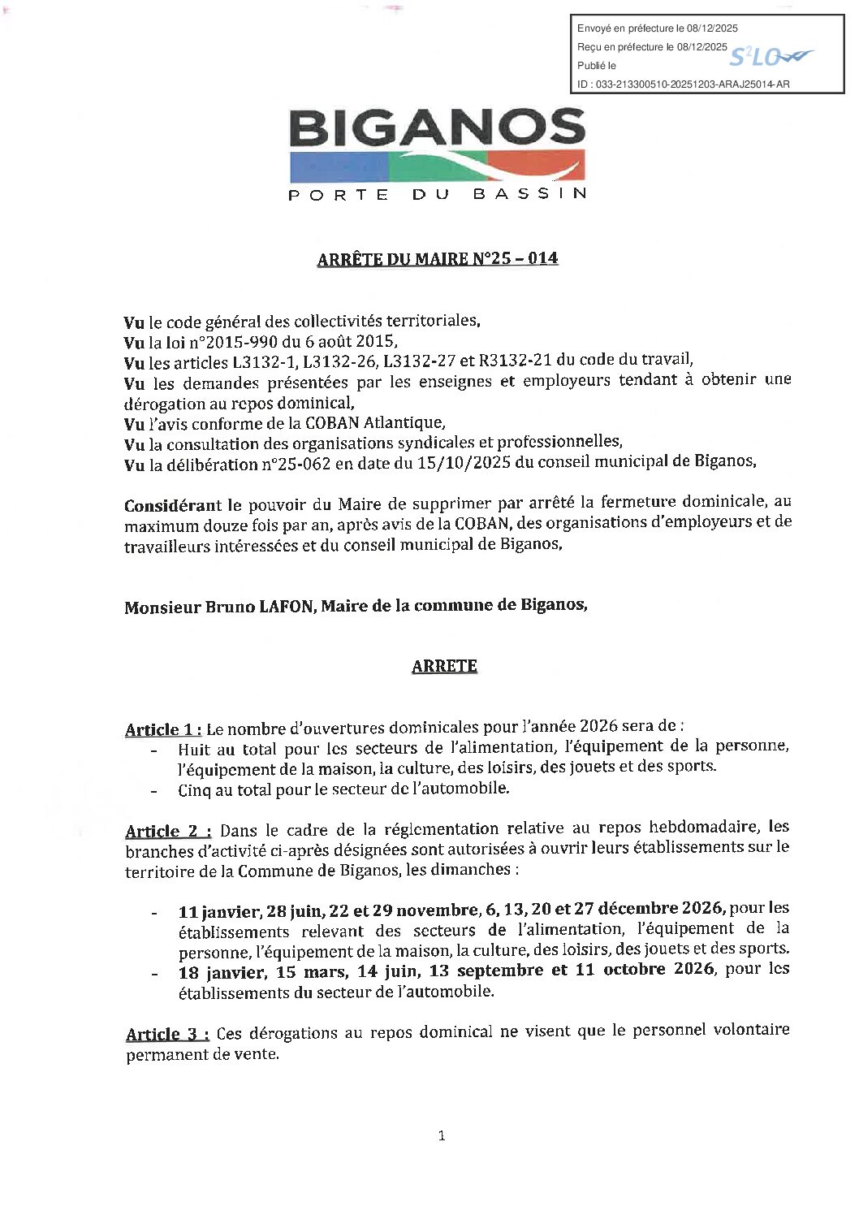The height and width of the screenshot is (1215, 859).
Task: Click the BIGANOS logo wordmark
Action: [x=437, y=129]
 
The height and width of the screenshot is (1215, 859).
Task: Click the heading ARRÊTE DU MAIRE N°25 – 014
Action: [x=437, y=259]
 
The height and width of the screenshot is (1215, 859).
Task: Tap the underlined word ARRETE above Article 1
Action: [x=444, y=666]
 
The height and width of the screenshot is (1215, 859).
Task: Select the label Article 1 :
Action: [x=163, y=729]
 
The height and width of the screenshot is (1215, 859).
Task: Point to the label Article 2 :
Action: [x=168, y=830]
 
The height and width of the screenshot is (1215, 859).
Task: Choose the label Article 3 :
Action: [x=168, y=1034]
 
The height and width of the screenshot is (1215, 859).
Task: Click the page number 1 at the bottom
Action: [x=442, y=1136]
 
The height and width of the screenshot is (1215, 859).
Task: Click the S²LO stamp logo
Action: [x=767, y=56]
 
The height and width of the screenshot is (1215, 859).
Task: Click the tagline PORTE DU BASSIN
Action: [x=438, y=194]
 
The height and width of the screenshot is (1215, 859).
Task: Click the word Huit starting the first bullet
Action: [x=195, y=749]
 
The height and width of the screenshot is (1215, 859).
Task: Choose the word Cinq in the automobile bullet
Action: [x=195, y=789]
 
